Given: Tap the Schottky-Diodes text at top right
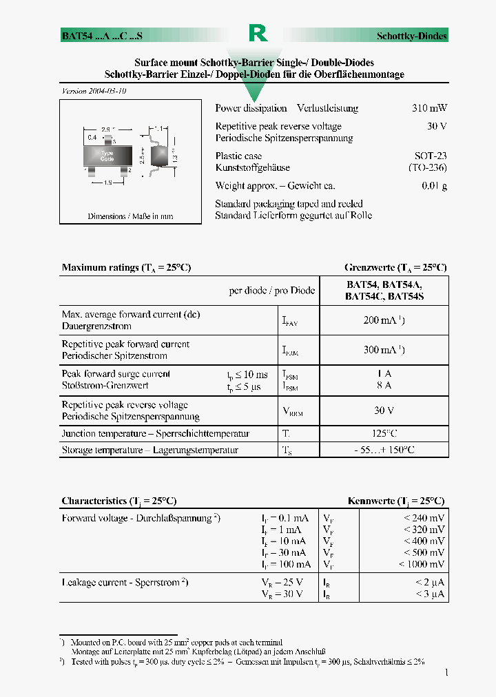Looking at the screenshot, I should click(x=411, y=36).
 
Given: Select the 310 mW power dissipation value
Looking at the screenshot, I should click(x=429, y=108).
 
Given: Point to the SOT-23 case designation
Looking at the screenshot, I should click(x=430, y=156).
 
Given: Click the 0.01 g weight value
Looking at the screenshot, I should click(x=434, y=186).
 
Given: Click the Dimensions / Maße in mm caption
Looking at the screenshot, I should click(x=130, y=216).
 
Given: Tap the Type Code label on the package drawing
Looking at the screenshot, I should click(x=107, y=156).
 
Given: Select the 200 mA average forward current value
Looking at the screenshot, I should click(x=384, y=320).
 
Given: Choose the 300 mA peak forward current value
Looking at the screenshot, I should click(x=384, y=350).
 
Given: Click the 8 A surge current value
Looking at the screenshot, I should click(x=384, y=386).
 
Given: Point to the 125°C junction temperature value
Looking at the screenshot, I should click(x=384, y=434).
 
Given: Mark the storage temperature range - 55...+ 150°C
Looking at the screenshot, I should click(x=384, y=450).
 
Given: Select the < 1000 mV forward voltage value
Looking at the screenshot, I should click(x=421, y=564).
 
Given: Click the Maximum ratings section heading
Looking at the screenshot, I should click(x=126, y=267).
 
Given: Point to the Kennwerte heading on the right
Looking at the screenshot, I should click(x=396, y=501).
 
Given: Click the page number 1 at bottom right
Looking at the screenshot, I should click(x=446, y=672).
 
